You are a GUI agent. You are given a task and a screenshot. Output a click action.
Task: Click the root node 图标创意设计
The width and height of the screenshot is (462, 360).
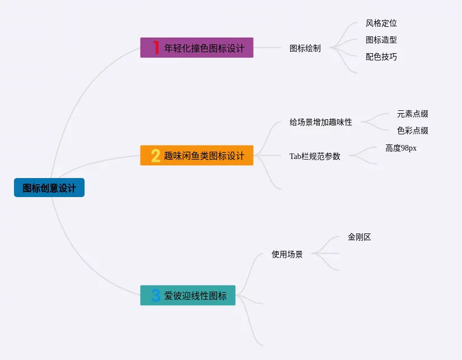click(49, 188)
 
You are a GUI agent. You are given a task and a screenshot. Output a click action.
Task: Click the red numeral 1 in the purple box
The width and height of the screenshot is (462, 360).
click(156, 48)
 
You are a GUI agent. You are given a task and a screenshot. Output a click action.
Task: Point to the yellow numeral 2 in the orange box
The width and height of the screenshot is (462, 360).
click(156, 155)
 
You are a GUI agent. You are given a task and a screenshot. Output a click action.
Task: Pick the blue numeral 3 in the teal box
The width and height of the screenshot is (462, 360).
click(156, 295)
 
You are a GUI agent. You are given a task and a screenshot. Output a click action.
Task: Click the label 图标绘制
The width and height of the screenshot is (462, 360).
click(305, 48)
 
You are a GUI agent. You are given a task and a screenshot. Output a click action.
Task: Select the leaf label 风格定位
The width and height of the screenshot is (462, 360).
click(381, 23)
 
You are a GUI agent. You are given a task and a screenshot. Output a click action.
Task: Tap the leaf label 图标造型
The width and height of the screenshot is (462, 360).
click(381, 40)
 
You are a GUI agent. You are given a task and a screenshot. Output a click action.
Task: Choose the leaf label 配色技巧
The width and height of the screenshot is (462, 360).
click(381, 57)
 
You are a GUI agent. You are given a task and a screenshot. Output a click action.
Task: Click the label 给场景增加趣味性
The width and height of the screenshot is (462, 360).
click(321, 121)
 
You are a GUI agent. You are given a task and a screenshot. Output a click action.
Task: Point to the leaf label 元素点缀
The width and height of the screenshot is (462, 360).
click(413, 114)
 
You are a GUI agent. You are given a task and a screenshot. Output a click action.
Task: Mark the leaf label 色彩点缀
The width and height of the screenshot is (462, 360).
click(413, 130)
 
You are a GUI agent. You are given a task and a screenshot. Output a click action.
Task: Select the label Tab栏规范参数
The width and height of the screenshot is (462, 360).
click(315, 156)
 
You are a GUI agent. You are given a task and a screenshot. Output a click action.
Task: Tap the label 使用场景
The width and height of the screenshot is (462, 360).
click(287, 254)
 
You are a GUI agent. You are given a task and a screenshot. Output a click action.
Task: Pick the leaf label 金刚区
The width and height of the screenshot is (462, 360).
click(360, 237)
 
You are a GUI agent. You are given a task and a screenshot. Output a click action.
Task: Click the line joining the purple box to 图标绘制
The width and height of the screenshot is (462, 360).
click(267, 48)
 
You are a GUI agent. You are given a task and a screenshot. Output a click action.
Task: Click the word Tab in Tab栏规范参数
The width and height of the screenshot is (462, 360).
click(295, 156)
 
